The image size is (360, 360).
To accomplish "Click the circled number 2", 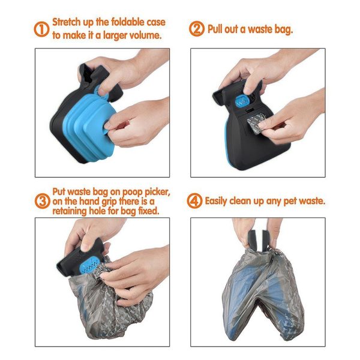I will click(x=197, y=29).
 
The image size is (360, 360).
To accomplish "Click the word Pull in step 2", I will click(x=217, y=29).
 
